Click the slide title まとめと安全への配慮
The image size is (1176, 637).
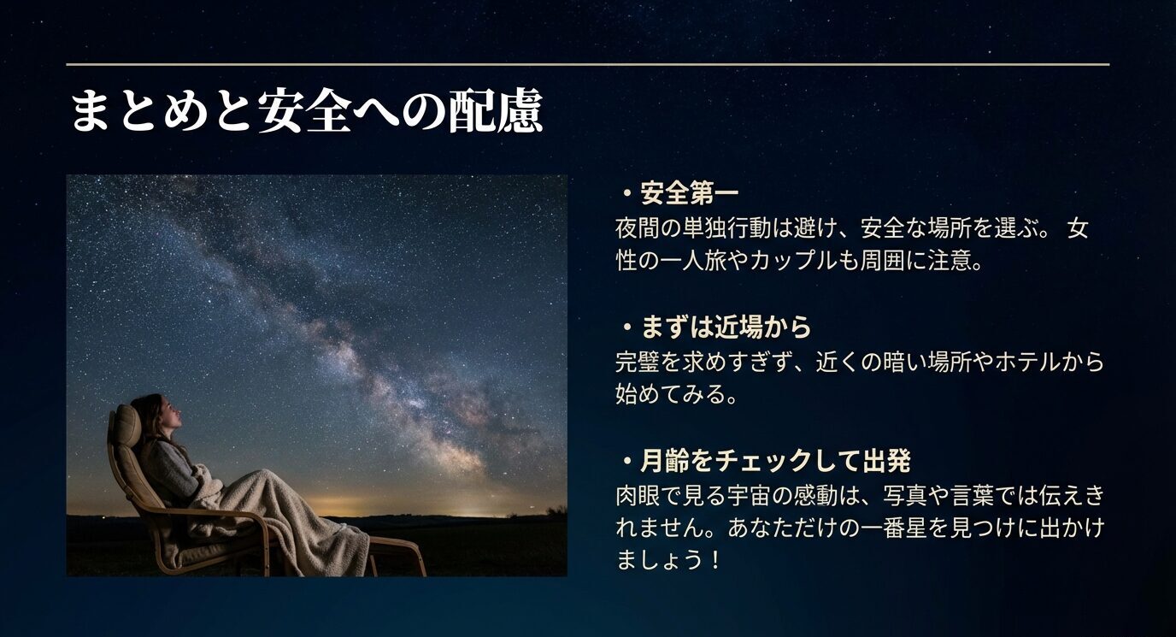(x=305, y=112)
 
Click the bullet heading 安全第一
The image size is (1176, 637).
(x=689, y=194)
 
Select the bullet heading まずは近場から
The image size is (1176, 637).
(x=725, y=327)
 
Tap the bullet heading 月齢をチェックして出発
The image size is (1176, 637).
(x=774, y=462)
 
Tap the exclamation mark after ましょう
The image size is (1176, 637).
(x=715, y=562)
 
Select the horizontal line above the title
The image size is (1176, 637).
(x=587, y=64)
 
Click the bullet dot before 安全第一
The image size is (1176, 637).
(x=626, y=195)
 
